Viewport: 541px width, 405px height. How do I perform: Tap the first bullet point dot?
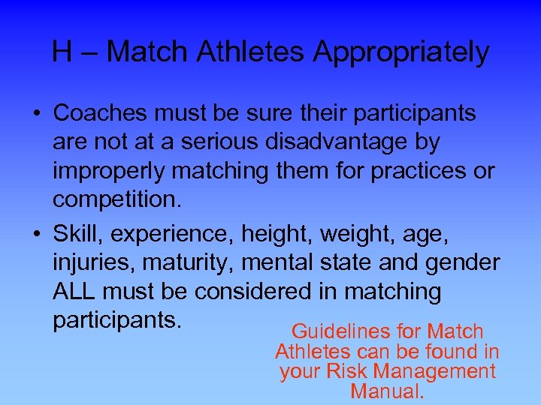[36, 114]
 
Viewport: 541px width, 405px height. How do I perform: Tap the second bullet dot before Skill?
[36, 235]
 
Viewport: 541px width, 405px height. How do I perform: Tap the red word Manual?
[386, 391]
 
